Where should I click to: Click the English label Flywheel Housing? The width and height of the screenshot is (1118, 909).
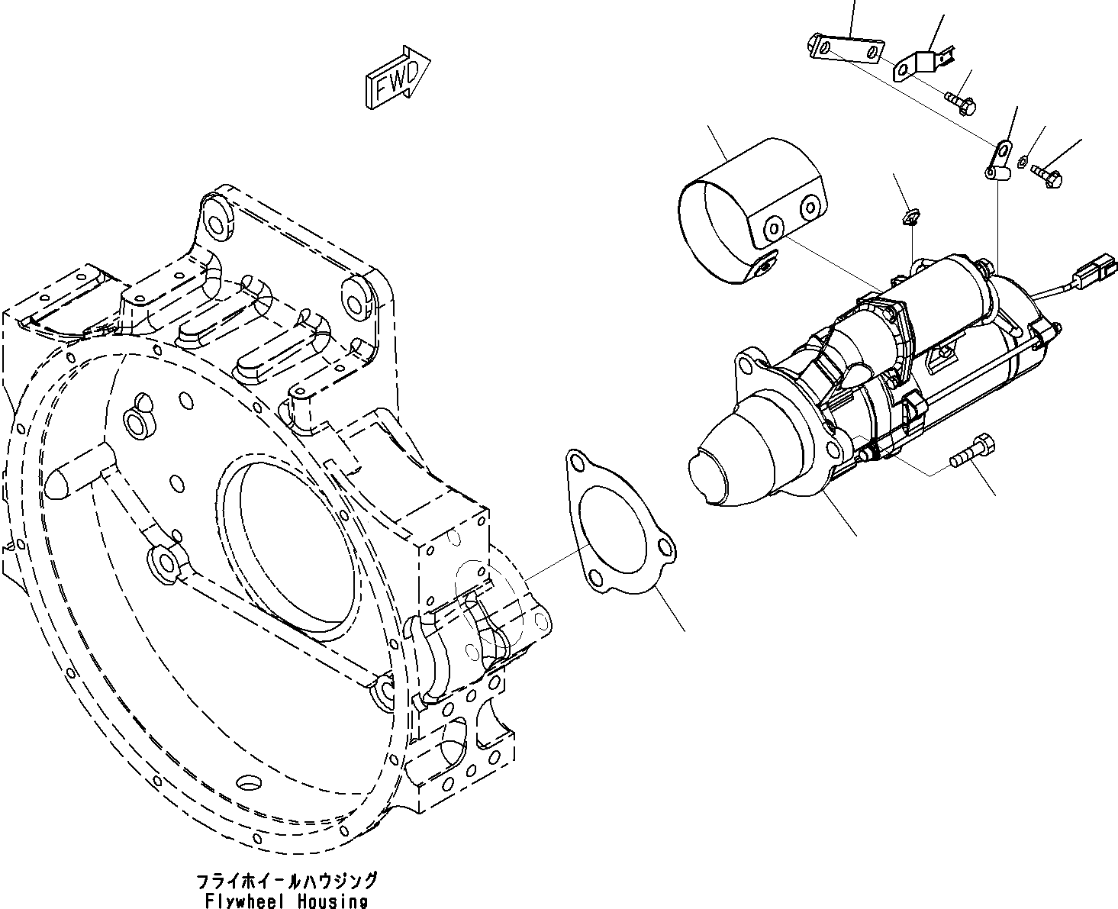[x=286, y=901]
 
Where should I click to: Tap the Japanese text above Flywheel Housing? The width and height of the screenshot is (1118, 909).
[x=287, y=882]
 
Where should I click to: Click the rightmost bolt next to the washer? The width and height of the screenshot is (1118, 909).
[x=1046, y=176]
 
